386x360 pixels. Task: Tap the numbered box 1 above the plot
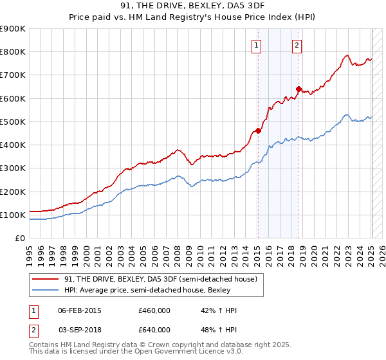(x=257, y=45)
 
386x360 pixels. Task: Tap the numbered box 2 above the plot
(x=297, y=45)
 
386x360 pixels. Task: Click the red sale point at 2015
(x=258, y=130)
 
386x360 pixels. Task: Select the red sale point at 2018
(x=299, y=89)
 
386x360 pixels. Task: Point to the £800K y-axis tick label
(x=13, y=52)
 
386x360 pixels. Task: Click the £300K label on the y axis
(x=13, y=168)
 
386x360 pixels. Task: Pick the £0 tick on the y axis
(x=21, y=239)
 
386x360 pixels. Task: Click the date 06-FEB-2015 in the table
(x=80, y=310)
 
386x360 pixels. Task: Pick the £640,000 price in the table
(x=154, y=330)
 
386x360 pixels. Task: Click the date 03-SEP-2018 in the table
(x=80, y=330)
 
